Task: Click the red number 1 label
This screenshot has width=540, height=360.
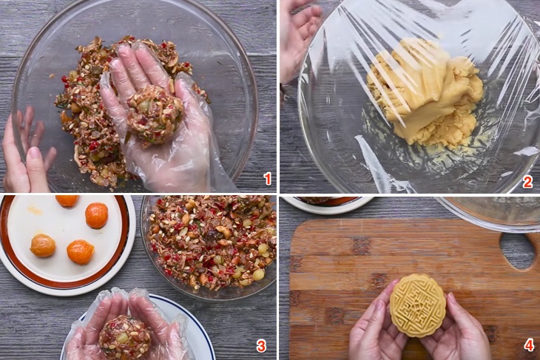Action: (x=267, y=179)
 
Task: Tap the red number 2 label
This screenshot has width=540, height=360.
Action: (x=527, y=181)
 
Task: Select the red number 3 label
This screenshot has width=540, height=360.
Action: (x=261, y=345)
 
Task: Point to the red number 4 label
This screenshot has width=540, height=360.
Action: (x=530, y=345)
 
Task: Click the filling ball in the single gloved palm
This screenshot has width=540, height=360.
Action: (x=155, y=114)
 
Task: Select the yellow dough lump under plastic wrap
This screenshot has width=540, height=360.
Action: (x=425, y=91)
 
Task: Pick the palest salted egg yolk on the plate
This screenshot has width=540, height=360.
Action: (x=43, y=245)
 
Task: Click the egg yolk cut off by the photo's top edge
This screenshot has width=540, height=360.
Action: (x=67, y=200)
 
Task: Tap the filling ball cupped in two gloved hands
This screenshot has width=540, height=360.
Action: (x=125, y=336)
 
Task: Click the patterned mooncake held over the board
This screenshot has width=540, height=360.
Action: (x=418, y=305)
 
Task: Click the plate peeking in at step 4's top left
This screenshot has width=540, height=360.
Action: (x=327, y=204)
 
